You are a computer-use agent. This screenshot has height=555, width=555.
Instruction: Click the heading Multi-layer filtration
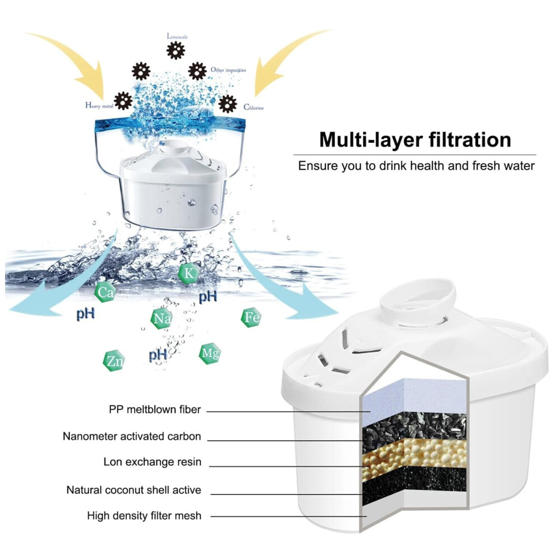click(415, 140)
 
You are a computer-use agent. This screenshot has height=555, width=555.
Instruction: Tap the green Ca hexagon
click(105, 292)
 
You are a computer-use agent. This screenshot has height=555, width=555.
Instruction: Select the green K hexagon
click(189, 273)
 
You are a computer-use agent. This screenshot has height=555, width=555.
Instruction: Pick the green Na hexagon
click(161, 318)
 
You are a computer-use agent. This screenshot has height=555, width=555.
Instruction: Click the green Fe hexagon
click(252, 317)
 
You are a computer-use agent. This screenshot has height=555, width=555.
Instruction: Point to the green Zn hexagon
click(114, 360)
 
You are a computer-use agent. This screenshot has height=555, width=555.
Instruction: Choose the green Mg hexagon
click(210, 354)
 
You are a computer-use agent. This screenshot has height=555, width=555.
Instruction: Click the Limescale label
click(177, 36)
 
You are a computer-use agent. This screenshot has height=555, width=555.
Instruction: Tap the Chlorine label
click(253, 107)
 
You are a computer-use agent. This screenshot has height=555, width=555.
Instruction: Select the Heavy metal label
click(99, 105)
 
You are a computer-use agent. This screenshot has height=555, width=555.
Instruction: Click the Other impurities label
click(228, 70)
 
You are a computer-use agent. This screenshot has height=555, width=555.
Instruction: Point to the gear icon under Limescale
click(175, 50)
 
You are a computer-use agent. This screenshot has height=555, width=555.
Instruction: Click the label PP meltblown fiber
click(155, 410)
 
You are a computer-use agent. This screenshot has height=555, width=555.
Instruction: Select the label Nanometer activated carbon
click(132, 436)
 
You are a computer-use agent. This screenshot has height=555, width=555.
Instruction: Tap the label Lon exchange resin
click(152, 462)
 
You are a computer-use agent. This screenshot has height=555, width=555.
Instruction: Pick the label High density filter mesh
click(144, 516)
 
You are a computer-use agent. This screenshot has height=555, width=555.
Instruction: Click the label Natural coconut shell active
click(134, 490)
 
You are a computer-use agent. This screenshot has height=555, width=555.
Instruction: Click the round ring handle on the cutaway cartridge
click(418, 297)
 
